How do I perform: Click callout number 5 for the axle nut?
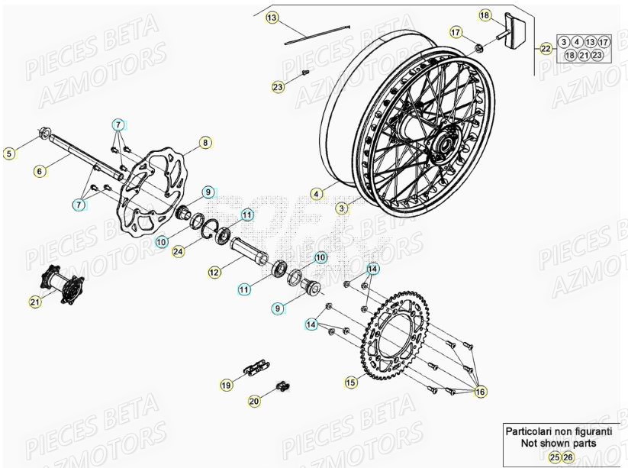pyautogui.click(x=9, y=153)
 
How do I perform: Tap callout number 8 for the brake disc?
pyautogui.click(x=204, y=142)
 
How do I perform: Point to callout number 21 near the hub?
pyautogui.click(x=34, y=302)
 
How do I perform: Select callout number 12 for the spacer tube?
pyautogui.click(x=214, y=271)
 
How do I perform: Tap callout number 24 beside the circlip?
pyautogui.click(x=178, y=250)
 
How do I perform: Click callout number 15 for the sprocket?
pyautogui.click(x=350, y=382)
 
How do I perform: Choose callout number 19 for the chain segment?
pyautogui.click(x=227, y=386)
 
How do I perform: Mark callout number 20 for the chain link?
pyautogui.click(x=254, y=400)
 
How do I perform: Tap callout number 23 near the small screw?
pyautogui.click(x=278, y=87)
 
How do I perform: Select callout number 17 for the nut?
pyautogui.click(x=456, y=32)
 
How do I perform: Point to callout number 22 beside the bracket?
pyautogui.click(x=545, y=49)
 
